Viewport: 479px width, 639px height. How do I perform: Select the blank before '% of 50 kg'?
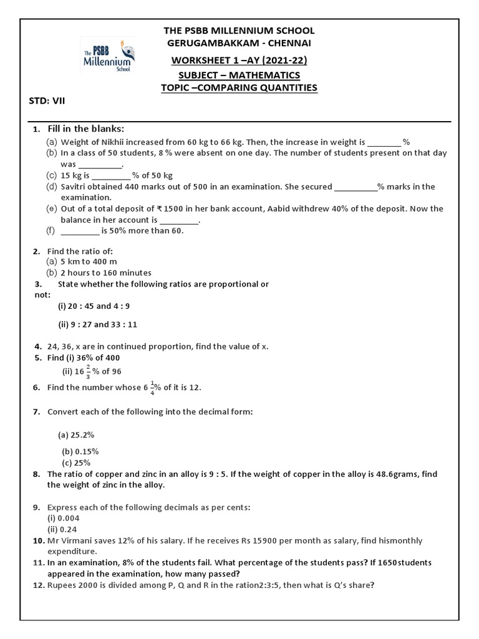111,175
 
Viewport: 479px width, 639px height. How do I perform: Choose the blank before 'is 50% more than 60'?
80,231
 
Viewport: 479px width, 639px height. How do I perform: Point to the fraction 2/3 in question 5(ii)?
88,372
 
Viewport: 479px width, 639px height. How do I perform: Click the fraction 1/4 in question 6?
152,388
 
